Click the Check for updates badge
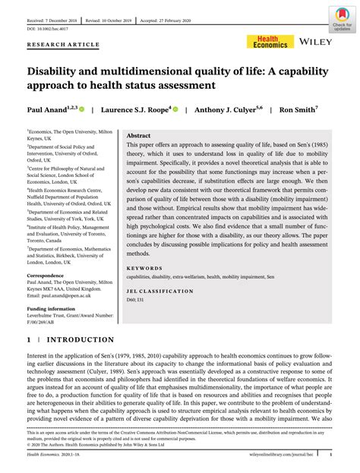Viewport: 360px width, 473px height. point(342,18)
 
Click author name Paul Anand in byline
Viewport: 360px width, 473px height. point(46,109)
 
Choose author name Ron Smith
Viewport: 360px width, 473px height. point(298,109)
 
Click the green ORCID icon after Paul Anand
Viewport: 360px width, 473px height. point(81,109)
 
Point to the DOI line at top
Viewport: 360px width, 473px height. point(48,29)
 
